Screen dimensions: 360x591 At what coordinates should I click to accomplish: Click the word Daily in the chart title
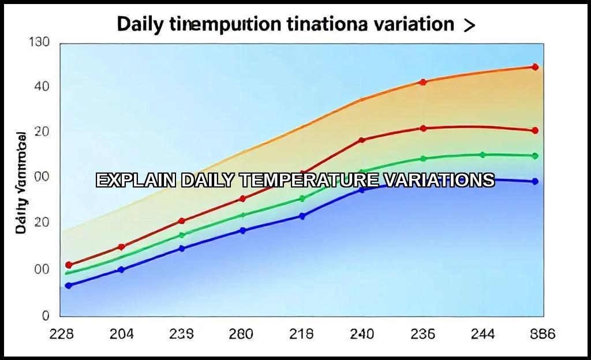click(140, 24)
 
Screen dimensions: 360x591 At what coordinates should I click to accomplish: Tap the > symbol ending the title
click(469, 25)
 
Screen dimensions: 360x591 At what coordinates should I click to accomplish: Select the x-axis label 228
click(62, 334)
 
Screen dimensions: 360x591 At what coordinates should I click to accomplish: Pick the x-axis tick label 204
click(122, 334)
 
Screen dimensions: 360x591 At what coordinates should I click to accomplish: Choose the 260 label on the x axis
click(242, 334)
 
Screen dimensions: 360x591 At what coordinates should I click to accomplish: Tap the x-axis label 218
click(301, 334)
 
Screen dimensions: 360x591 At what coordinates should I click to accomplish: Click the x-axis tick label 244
click(482, 334)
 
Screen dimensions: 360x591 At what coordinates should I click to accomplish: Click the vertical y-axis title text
click(21, 183)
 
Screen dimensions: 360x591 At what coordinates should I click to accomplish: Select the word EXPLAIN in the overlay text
click(136, 180)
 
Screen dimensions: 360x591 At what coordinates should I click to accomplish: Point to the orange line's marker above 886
click(535, 67)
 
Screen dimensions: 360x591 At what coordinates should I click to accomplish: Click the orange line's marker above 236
click(423, 82)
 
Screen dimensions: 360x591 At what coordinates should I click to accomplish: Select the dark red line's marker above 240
click(362, 140)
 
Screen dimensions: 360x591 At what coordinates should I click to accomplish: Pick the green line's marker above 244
click(482, 155)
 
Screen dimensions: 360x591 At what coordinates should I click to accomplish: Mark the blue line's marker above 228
click(69, 286)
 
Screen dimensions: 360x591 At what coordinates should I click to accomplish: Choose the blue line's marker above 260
click(242, 231)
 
